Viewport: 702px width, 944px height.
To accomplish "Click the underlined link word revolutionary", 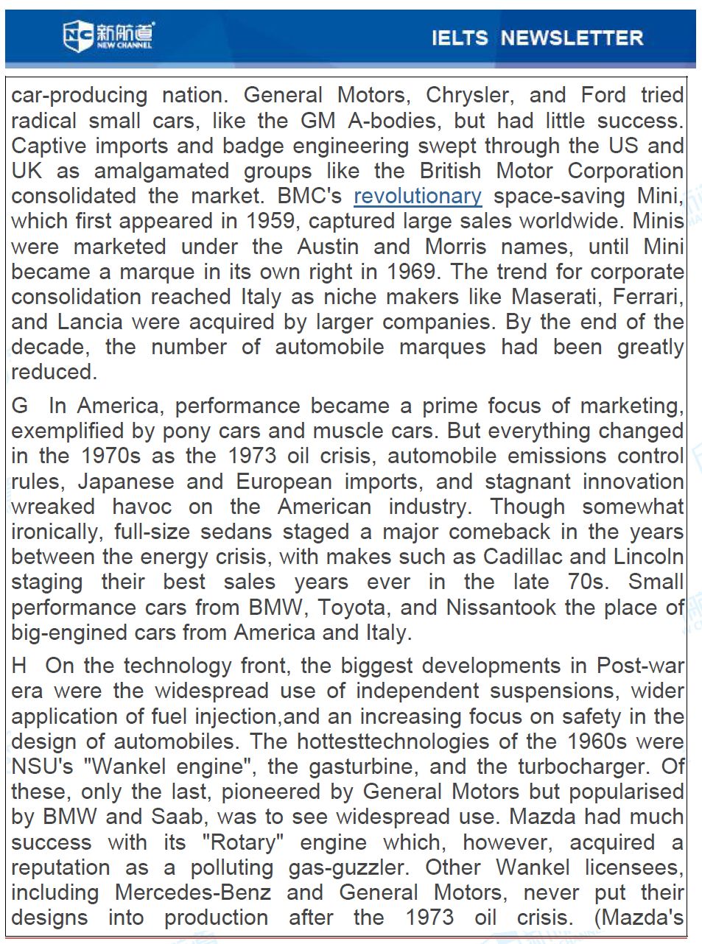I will [x=418, y=197].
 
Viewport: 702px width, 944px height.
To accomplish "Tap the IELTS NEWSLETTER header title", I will [x=537, y=38].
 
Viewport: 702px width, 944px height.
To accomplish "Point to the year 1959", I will [x=271, y=222].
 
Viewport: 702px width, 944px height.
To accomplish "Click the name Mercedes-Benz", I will [x=193, y=893].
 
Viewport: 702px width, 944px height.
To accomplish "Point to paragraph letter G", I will [x=19, y=406].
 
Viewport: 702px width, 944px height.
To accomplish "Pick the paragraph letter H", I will [x=19, y=666].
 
